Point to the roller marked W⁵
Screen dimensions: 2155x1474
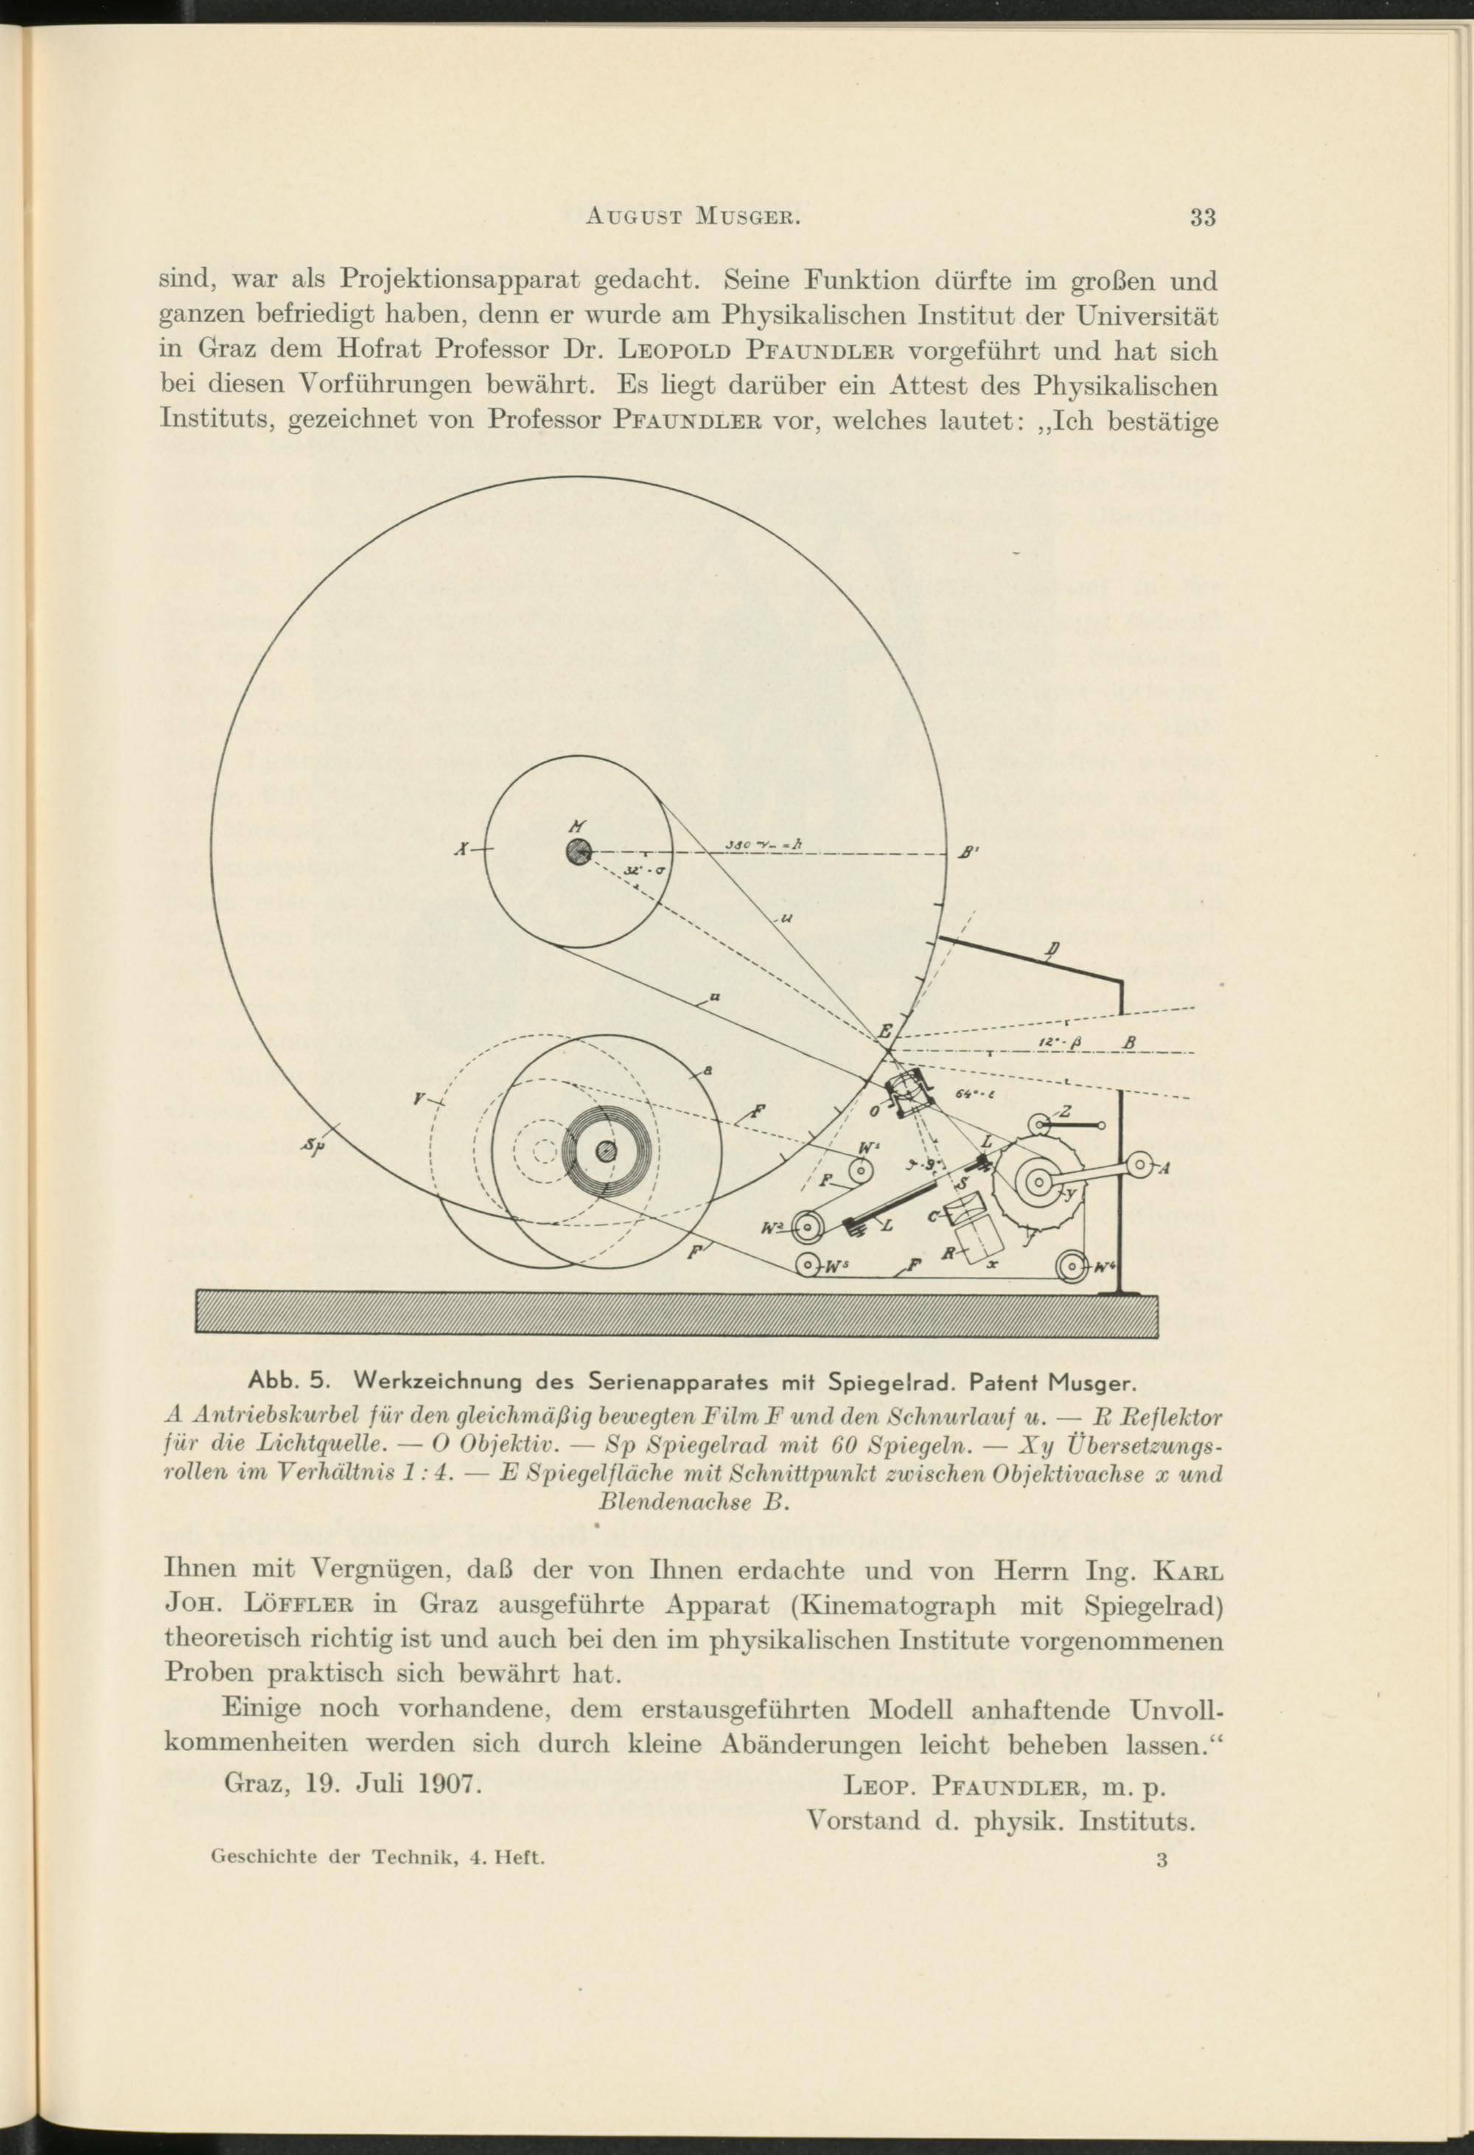pos(808,1264)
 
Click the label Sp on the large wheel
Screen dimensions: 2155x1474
pos(312,1149)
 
